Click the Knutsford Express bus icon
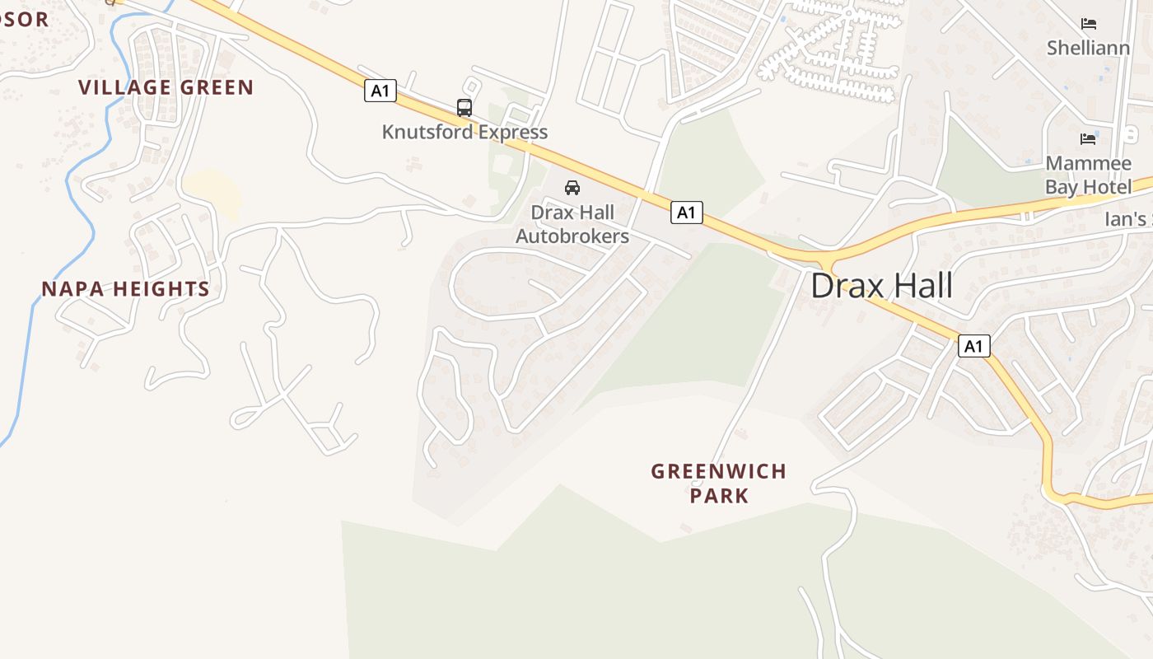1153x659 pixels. coord(464,107)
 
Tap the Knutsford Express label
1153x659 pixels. coord(464,132)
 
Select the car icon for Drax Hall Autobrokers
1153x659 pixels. coord(572,188)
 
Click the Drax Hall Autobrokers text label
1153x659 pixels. coord(572,224)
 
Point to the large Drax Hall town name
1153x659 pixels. coord(882,286)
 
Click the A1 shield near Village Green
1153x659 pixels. coord(380,91)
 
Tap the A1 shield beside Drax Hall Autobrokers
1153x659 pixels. coord(686,213)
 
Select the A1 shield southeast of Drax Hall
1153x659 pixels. coord(973,346)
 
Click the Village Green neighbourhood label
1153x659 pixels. coord(166,87)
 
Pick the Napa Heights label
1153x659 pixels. coord(126,289)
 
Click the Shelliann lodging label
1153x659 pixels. coord(1088,48)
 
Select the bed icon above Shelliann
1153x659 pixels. coord(1089,24)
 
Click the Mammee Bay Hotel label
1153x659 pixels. coord(1088,175)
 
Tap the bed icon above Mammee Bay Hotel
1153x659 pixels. coord(1088,138)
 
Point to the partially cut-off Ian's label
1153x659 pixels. coord(1128,219)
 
